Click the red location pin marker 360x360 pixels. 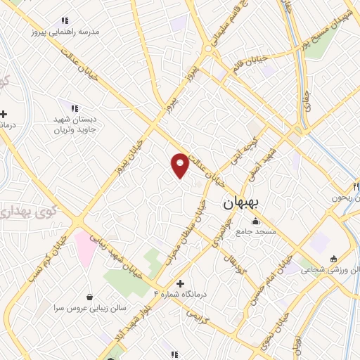[x=180, y=164]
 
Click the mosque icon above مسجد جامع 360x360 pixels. [x=255, y=221]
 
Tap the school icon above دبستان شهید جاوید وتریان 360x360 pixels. [x=74, y=108]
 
